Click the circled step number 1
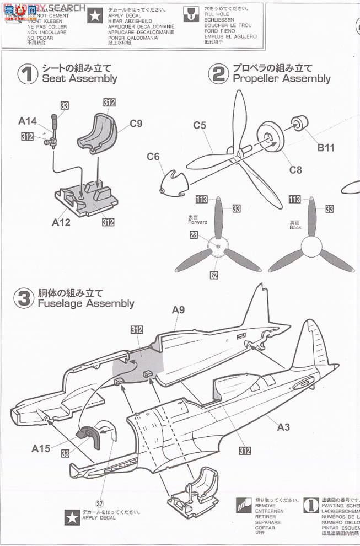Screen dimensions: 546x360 coord(27,74)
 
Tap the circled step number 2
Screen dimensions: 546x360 coord(219,73)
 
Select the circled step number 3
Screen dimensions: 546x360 coord(23,298)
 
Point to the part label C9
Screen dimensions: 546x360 coord(136,124)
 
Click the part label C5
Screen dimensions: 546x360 coord(200,125)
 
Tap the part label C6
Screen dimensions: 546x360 coord(153,157)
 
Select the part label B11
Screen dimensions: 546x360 coord(326,148)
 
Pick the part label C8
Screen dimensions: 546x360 coord(295,170)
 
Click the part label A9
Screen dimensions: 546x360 coord(178,310)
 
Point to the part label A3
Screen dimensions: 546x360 coord(283,427)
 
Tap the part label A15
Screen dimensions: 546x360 coord(40,449)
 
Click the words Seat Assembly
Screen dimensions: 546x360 coord(79,78)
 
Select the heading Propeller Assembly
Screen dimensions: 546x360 coord(281,78)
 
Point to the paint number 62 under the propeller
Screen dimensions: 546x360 coord(213,274)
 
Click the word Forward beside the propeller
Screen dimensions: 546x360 coord(197,222)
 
